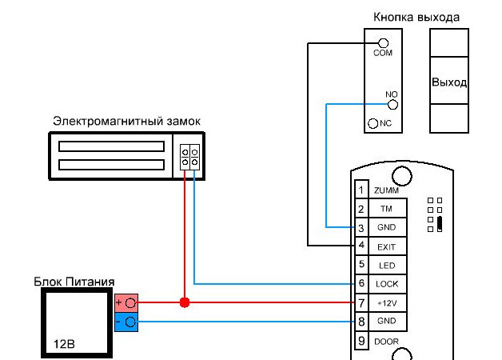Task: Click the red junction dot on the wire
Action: (185, 303)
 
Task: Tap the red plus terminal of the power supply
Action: (126, 303)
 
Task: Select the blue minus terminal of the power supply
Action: (126, 322)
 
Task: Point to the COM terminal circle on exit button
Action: (383, 42)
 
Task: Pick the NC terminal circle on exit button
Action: (373, 124)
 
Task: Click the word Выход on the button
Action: (448, 82)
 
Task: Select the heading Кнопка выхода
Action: (416, 17)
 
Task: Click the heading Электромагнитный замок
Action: (126, 121)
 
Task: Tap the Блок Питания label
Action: (74, 282)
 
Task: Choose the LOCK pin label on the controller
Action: (387, 284)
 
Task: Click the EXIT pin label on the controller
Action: (387, 247)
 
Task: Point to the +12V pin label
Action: (387, 303)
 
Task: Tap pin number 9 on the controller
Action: (361, 342)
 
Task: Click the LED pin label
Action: (386, 266)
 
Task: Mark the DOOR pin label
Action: (387, 342)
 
